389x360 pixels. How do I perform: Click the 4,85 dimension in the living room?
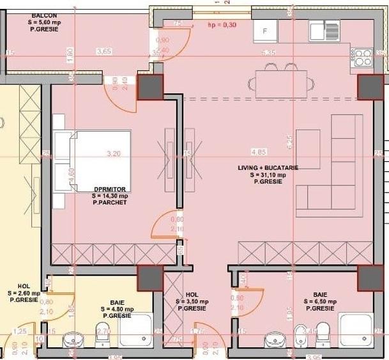pyautogui.click(x=259, y=153)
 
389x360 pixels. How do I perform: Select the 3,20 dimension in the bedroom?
pyautogui.click(x=113, y=153)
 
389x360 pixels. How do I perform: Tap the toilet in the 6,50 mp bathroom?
pyautogui.click(x=322, y=331)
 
